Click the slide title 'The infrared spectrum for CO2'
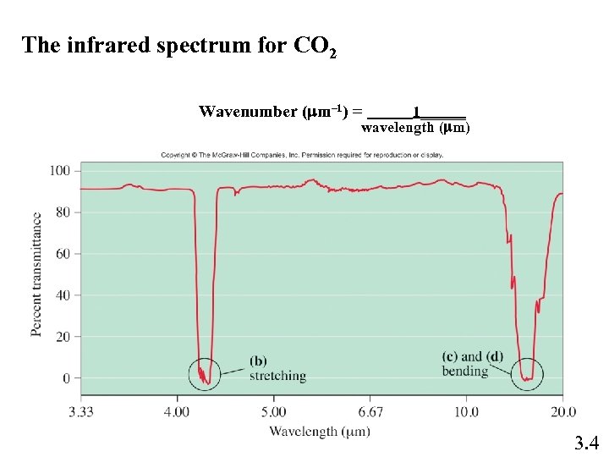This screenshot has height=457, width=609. (x=179, y=47)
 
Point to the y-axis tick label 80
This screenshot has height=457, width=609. (x=63, y=212)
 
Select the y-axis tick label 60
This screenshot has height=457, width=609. (x=63, y=254)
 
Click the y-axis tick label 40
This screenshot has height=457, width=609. (x=63, y=295)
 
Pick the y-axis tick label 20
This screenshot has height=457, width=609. (x=63, y=337)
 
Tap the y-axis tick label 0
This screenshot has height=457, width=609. (x=66, y=378)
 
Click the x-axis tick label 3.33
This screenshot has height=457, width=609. (x=81, y=412)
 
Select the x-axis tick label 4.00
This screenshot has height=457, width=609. (x=177, y=412)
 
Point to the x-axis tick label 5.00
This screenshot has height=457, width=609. (x=273, y=412)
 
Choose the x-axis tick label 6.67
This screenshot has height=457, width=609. (x=370, y=412)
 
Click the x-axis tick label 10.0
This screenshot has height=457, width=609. (x=466, y=412)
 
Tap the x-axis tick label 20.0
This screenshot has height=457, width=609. (x=562, y=412)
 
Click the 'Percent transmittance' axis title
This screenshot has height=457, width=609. (x=37, y=274)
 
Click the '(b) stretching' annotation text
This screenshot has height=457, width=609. (x=277, y=369)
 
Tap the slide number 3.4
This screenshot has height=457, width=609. (x=586, y=442)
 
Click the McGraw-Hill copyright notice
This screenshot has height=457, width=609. (x=302, y=155)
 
